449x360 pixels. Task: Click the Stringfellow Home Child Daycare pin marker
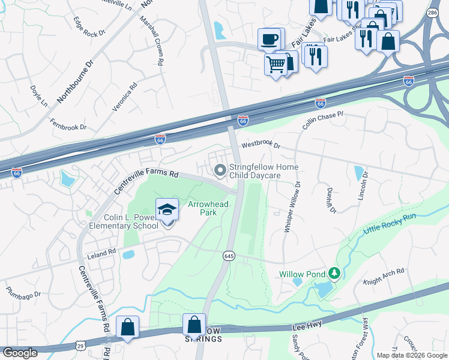pyautogui.click(x=220, y=172)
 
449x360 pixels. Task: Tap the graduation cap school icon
pyautogui.click(x=167, y=209)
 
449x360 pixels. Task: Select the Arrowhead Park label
pyautogui.click(x=202, y=208)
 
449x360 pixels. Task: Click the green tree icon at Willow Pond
pyautogui.click(x=334, y=274)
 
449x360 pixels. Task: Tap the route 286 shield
pyautogui.click(x=432, y=12)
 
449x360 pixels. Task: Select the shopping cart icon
pyautogui.click(x=276, y=63)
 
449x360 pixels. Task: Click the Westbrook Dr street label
pyautogui.click(x=261, y=145)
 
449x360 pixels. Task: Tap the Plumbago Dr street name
pyautogui.click(x=23, y=295)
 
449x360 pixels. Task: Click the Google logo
pyautogui.click(x=20, y=352)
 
